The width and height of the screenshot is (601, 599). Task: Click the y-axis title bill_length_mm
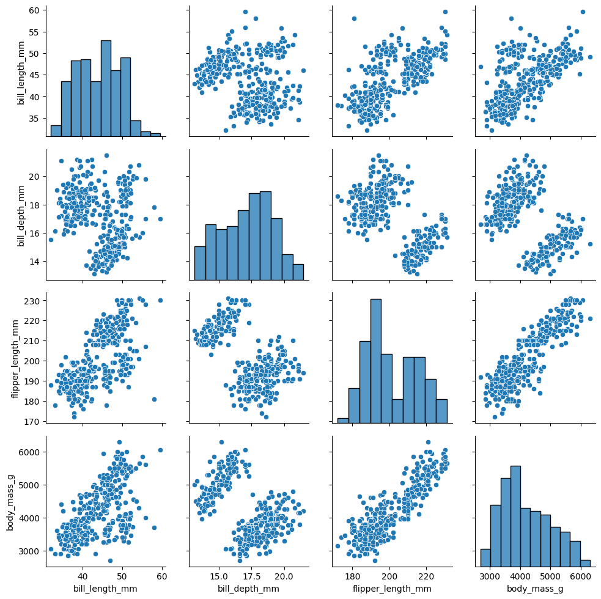point(21,70)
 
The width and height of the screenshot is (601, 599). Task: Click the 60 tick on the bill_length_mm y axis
point(34,10)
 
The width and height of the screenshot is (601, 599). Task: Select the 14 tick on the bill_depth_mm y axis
point(34,261)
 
